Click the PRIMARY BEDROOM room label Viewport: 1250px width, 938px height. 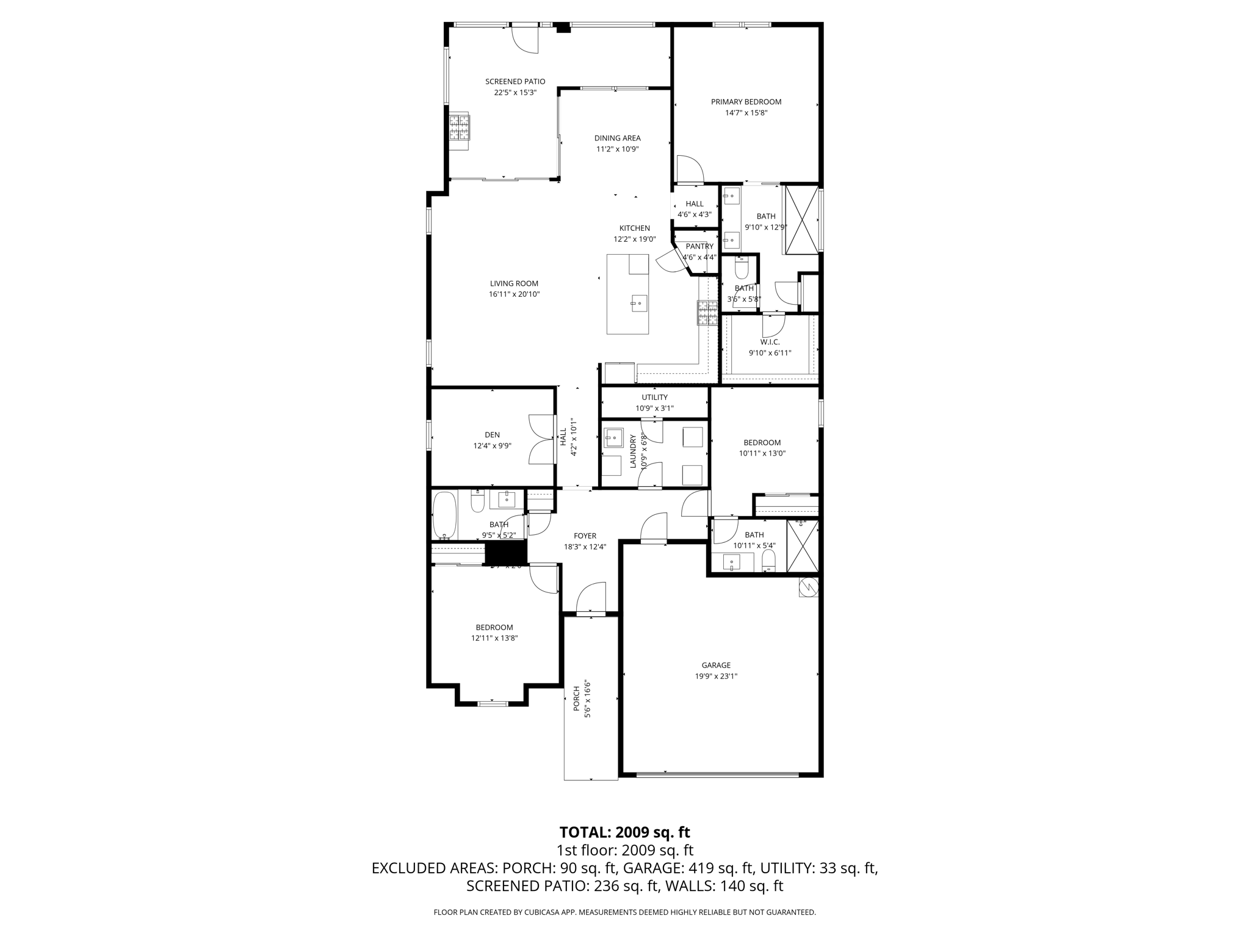pyautogui.click(x=746, y=102)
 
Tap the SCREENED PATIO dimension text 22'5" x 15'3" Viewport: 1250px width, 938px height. pyautogui.click(x=515, y=93)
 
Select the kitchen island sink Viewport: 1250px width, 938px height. pyautogui.click(x=639, y=302)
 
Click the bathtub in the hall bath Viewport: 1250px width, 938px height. pyautogui.click(x=444, y=516)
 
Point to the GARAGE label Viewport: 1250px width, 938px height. pyautogui.click(x=716, y=665)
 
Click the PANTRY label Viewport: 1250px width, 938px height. pyautogui.click(x=699, y=246)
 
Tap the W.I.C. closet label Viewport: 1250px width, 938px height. pyautogui.click(x=770, y=342)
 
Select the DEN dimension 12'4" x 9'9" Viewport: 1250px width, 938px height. pyautogui.click(x=492, y=446)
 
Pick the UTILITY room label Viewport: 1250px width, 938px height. pyautogui.click(x=654, y=398)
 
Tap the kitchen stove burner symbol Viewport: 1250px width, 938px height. pyautogui.click(x=708, y=313)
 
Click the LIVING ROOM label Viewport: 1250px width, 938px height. pyautogui.click(x=514, y=283)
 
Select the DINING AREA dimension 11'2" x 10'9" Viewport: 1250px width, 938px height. pyautogui.click(x=617, y=149)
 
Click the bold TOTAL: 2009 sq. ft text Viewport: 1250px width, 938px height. pyautogui.click(x=624, y=832)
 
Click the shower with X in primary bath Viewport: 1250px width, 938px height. pyautogui.click(x=801, y=220)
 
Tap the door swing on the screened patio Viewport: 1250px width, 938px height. pyautogui.click(x=525, y=40)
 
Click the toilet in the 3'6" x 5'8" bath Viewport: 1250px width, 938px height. pyautogui.click(x=742, y=267)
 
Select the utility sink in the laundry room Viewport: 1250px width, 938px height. pyautogui.click(x=612, y=438)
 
